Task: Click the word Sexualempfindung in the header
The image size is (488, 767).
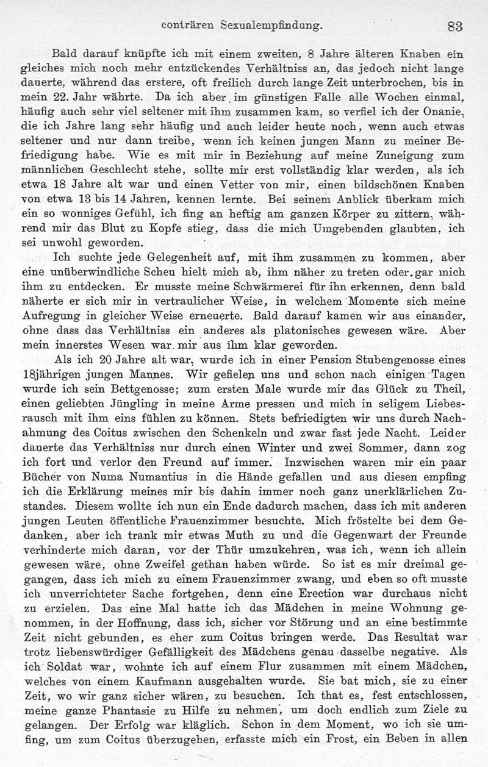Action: pyautogui.click(x=270, y=26)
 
